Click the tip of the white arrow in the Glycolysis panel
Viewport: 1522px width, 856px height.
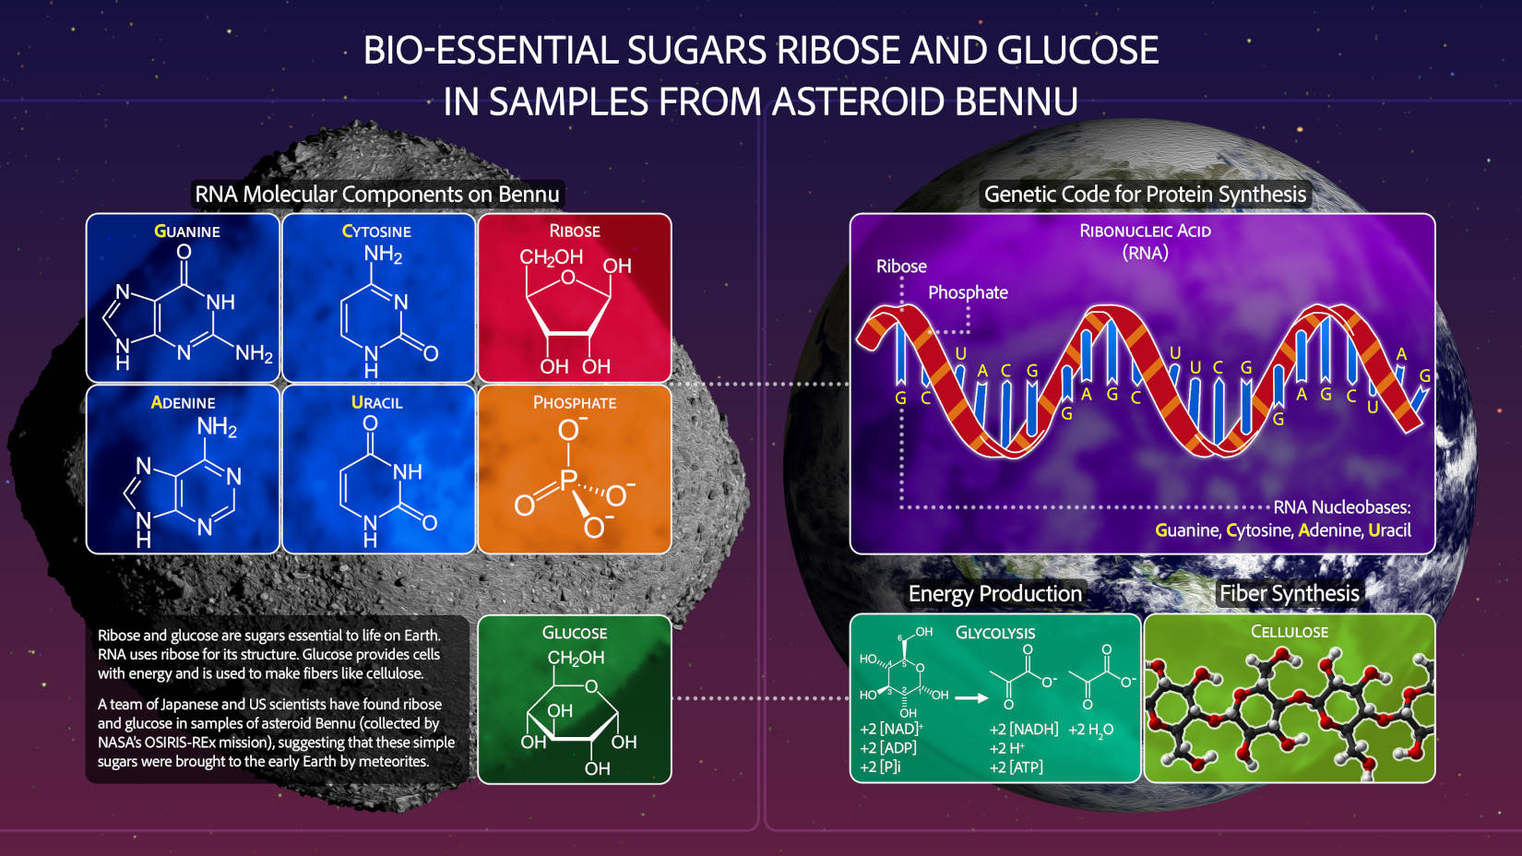coord(989,697)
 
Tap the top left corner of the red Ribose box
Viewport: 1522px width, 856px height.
coord(479,214)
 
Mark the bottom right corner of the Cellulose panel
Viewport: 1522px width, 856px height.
coord(1435,782)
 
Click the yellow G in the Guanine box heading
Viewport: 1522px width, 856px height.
coord(161,231)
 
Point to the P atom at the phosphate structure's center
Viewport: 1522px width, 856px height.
coord(568,481)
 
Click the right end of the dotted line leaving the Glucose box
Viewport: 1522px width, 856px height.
coord(848,697)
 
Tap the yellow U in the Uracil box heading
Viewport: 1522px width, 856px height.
coord(357,402)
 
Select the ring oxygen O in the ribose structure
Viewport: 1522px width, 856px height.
coord(568,277)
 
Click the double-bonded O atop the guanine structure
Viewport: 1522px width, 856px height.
coord(184,252)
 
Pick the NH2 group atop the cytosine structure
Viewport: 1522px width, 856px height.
coord(383,255)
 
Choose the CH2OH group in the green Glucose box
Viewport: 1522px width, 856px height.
coord(576,659)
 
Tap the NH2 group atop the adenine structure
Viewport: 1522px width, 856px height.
coord(217,427)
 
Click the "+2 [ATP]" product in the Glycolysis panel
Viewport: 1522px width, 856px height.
coord(1016,767)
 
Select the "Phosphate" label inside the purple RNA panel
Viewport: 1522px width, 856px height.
coord(968,292)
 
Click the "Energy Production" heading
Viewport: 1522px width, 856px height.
coord(994,594)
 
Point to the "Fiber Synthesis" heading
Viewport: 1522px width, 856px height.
coord(1289,593)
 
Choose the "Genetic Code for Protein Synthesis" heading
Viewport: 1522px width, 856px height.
coord(1145,195)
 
